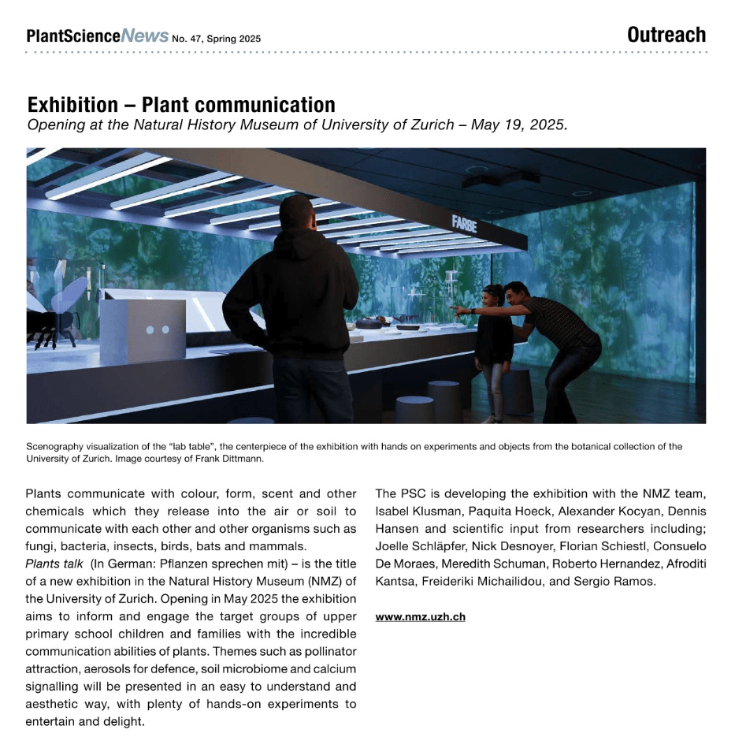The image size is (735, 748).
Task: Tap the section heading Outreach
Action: point(666,35)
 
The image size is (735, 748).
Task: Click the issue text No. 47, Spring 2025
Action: point(216,39)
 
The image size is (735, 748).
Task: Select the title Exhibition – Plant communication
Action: point(181,105)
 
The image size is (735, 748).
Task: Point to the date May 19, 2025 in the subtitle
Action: point(518,125)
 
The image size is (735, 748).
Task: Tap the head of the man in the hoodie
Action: point(296,214)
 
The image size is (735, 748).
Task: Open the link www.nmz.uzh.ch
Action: point(420,616)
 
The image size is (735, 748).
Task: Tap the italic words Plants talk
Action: point(54,564)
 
